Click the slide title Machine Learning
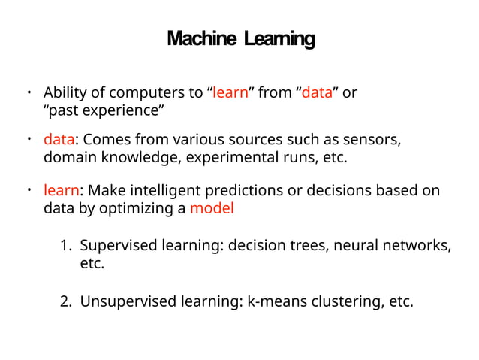(x=240, y=38)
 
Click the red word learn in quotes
(x=230, y=94)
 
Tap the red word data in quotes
(x=317, y=94)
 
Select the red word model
(x=212, y=209)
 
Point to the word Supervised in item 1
(x=114, y=246)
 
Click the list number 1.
(x=65, y=246)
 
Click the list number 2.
(x=66, y=302)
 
